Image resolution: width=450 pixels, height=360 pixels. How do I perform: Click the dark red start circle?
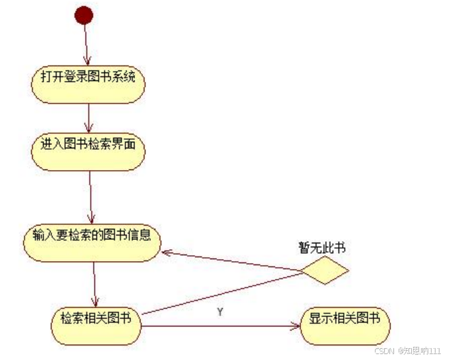[84, 15]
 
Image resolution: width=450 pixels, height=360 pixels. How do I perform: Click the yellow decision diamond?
[323, 270]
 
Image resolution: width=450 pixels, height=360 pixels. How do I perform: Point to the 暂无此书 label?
[322, 249]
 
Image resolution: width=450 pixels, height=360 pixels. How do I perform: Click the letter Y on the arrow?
[220, 312]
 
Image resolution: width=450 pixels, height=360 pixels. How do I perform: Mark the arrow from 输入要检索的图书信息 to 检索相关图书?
[95, 283]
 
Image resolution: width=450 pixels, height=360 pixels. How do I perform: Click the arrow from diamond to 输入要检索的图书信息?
[231, 261]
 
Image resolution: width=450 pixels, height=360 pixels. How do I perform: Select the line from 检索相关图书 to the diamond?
[224, 293]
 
